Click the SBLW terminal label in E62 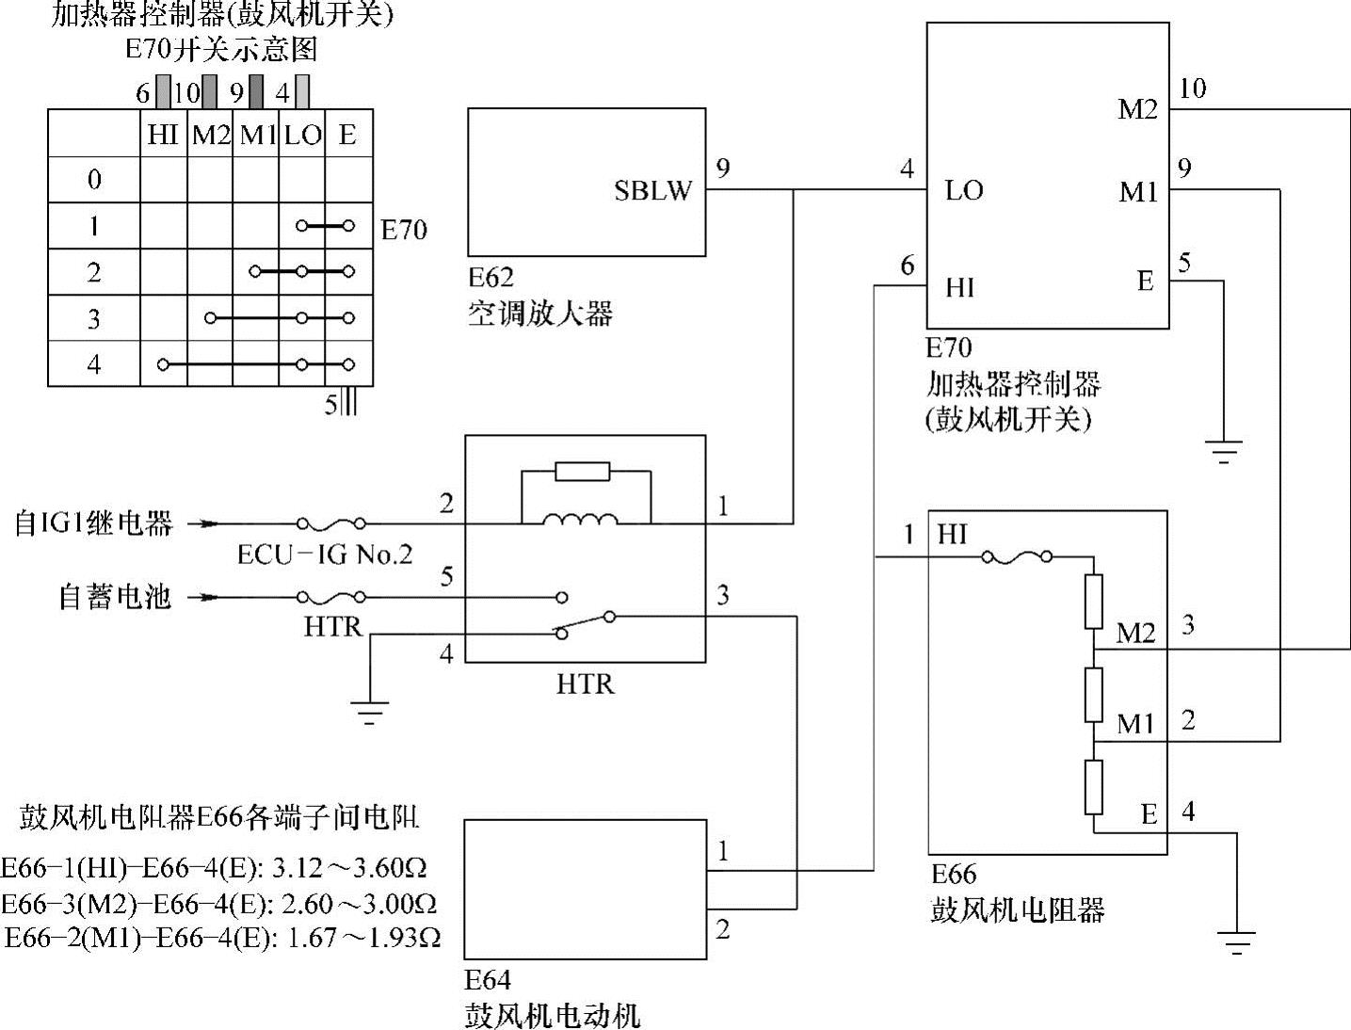tap(652, 191)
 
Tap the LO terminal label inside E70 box tap(964, 191)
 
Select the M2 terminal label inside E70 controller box tap(1137, 110)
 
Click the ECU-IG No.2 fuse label tap(325, 555)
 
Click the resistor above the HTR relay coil tap(583, 472)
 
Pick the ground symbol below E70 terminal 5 tap(1223, 453)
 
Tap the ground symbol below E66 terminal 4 tap(1237, 942)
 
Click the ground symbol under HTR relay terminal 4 tap(371, 713)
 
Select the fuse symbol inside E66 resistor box tap(1017, 557)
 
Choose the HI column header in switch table tap(163, 135)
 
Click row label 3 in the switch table tap(93, 319)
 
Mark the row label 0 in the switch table tap(93, 180)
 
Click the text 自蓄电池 tap(115, 597)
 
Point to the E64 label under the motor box tap(488, 980)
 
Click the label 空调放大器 tap(539, 314)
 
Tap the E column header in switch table tap(347, 135)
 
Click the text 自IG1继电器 tap(93, 523)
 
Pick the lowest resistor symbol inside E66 tap(1093, 787)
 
